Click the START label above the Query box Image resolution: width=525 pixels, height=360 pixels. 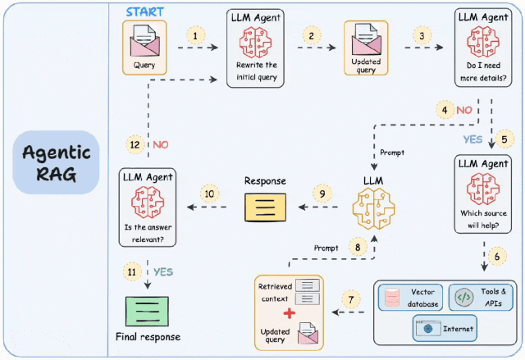(x=144, y=12)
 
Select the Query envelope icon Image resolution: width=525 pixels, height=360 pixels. (x=144, y=41)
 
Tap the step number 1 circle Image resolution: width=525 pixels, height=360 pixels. (x=195, y=36)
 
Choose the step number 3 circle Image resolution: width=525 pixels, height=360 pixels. (x=422, y=36)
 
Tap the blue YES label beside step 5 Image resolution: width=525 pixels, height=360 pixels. (x=472, y=139)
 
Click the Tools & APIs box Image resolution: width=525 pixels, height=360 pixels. (x=481, y=297)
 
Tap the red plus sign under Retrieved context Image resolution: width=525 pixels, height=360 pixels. (x=289, y=315)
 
